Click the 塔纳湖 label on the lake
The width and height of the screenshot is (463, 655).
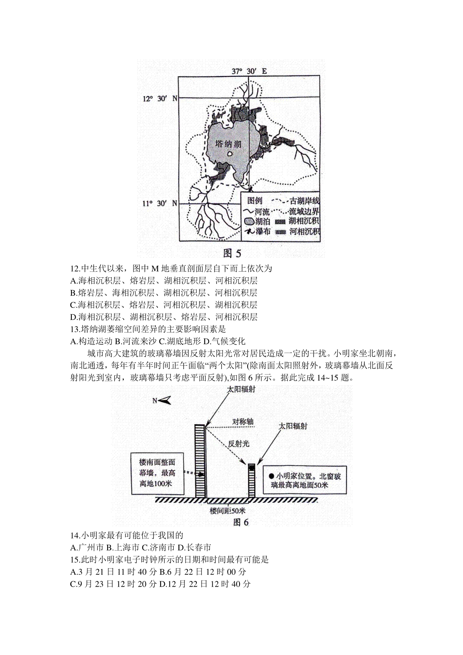click(x=228, y=143)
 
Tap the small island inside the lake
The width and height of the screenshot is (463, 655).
click(x=230, y=154)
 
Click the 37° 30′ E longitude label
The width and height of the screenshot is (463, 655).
click(x=249, y=71)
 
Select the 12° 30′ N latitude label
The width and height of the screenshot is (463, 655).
click(x=160, y=98)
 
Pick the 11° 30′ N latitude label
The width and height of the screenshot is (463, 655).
click(x=160, y=203)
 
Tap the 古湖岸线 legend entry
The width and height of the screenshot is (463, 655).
click(x=296, y=201)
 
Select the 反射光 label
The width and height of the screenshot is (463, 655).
click(x=239, y=444)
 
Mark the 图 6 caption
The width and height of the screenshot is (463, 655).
click(x=241, y=522)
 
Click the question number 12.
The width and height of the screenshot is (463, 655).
click(x=75, y=268)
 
